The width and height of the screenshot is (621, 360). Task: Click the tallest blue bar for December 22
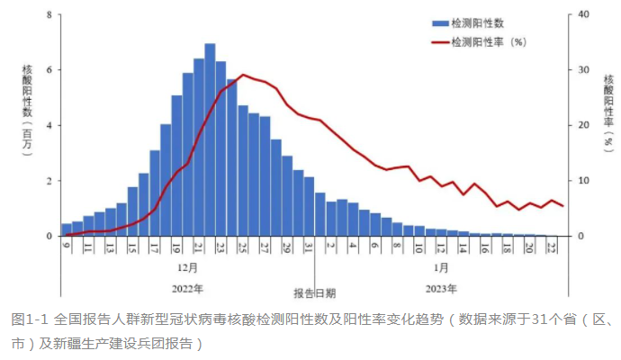[x=210, y=139]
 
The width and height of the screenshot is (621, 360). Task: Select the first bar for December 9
[x=67, y=229]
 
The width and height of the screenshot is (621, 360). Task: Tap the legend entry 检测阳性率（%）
[x=487, y=41]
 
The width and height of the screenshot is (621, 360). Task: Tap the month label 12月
[x=187, y=267]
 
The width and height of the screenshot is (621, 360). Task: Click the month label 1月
[x=441, y=267]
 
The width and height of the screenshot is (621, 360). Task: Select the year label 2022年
[x=187, y=290]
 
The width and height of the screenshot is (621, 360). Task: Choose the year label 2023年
[x=441, y=290]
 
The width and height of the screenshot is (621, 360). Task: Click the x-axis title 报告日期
[x=315, y=292]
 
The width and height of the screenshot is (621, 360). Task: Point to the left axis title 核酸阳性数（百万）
[x=27, y=108]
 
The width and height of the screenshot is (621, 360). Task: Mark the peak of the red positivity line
[x=243, y=75]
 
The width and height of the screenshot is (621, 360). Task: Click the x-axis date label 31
[x=309, y=247]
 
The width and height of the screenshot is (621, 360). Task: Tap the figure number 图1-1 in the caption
[x=31, y=319]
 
